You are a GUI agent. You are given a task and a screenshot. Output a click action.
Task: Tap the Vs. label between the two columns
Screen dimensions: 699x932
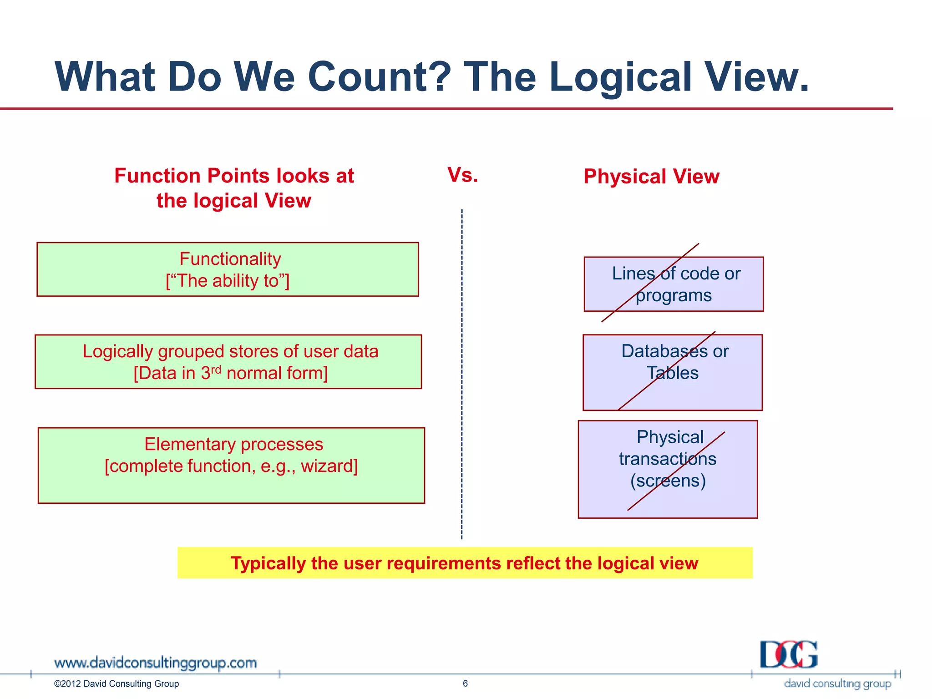(x=462, y=175)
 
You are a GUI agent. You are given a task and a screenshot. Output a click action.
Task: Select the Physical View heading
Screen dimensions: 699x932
(x=651, y=177)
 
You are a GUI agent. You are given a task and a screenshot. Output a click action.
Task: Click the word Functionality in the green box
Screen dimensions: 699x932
(x=230, y=259)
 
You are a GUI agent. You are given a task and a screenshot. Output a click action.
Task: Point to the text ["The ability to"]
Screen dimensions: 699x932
(x=228, y=281)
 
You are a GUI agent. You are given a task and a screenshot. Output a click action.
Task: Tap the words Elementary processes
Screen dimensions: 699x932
(x=233, y=444)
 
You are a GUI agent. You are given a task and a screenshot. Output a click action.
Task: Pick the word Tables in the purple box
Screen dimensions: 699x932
(x=673, y=373)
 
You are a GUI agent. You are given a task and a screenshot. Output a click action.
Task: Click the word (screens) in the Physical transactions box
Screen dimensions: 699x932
(x=668, y=481)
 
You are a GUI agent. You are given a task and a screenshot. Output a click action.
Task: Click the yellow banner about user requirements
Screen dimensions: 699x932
(x=464, y=563)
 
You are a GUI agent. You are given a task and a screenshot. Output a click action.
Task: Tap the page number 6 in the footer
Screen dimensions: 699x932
(x=465, y=683)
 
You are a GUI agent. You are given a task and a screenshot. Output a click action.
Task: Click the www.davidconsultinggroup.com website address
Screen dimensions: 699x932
(x=155, y=663)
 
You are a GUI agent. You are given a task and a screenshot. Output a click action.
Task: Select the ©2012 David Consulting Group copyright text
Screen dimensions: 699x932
(x=116, y=684)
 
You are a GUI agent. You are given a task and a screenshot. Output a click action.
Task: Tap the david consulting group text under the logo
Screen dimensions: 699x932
(x=837, y=684)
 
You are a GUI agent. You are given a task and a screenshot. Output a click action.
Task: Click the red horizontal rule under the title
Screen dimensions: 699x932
(x=446, y=109)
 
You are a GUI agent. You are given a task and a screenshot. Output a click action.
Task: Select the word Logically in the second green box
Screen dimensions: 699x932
(x=117, y=352)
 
